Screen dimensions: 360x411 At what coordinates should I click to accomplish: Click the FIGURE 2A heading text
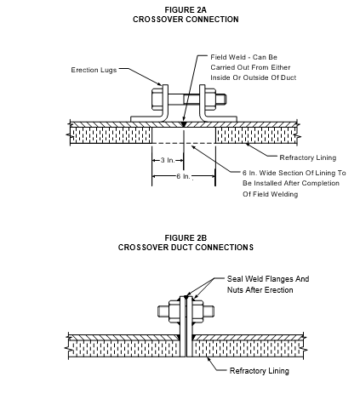(186, 10)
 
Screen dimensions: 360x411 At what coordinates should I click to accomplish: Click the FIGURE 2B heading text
(186, 238)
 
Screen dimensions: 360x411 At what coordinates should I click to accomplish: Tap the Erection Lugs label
(94, 70)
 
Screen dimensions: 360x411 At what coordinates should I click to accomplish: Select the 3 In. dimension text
(168, 160)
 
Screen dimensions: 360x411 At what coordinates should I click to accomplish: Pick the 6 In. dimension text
(183, 176)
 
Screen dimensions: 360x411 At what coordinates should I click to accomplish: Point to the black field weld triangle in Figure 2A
(184, 124)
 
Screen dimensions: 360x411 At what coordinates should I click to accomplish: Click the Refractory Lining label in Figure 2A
(308, 157)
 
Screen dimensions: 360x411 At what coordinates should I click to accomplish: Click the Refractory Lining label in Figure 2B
(260, 371)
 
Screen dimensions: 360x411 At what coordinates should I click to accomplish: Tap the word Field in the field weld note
(219, 57)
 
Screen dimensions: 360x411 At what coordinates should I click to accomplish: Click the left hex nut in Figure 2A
(157, 99)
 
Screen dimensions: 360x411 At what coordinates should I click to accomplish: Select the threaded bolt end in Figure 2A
(221, 99)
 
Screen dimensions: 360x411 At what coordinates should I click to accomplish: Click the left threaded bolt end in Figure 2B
(163, 311)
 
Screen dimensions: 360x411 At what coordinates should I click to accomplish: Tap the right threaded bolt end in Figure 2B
(209, 311)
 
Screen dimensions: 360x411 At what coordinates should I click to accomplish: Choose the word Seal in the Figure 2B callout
(235, 279)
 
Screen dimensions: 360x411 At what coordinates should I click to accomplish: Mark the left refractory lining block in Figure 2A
(111, 135)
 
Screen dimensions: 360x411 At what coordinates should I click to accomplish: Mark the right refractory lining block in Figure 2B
(249, 349)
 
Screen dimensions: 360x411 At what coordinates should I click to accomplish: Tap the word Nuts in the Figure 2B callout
(235, 290)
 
